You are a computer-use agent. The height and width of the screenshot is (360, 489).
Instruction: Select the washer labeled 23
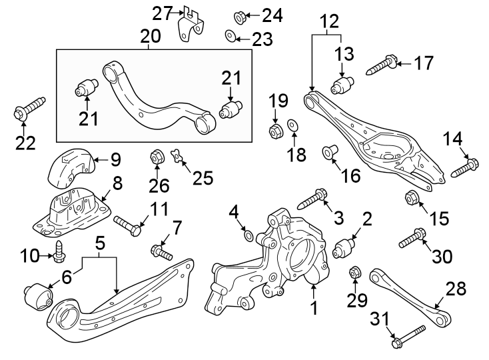coord(230,35)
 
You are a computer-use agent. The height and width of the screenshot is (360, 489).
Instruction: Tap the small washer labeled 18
coord(292,125)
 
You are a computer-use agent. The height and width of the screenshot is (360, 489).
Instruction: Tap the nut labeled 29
coord(356,273)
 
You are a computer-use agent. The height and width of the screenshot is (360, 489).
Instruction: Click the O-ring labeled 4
coord(248,235)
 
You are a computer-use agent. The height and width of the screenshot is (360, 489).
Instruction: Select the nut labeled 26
coord(157,157)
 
